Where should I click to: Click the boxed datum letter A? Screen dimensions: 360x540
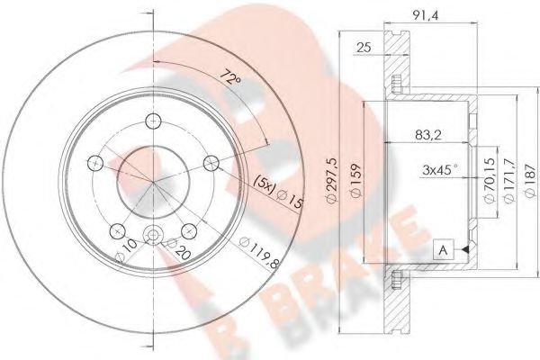[x=442, y=249]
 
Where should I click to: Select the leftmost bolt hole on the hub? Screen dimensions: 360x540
[x=94, y=162]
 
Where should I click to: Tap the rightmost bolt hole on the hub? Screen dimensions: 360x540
[x=211, y=162]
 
